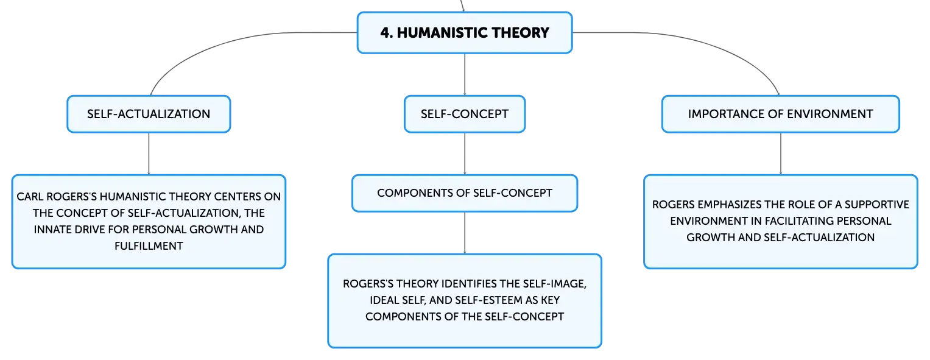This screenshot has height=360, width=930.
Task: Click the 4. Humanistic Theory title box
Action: click(465, 32)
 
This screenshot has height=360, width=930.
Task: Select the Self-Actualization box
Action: click(149, 114)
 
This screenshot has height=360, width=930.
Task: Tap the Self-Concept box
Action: click(465, 114)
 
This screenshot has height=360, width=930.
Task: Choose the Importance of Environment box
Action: click(781, 114)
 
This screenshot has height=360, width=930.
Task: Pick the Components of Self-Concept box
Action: click(465, 193)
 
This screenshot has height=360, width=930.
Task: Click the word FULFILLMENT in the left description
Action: click(149, 246)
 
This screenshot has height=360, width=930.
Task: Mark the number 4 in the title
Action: click(386, 32)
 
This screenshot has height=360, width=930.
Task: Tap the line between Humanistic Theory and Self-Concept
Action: click(465, 74)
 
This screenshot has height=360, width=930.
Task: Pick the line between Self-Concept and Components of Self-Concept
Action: click(465, 154)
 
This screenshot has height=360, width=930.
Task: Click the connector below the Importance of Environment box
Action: click(781, 154)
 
